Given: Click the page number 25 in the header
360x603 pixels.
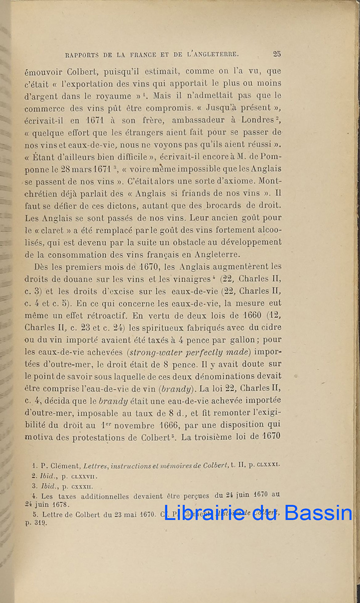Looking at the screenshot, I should tap(277, 54).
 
